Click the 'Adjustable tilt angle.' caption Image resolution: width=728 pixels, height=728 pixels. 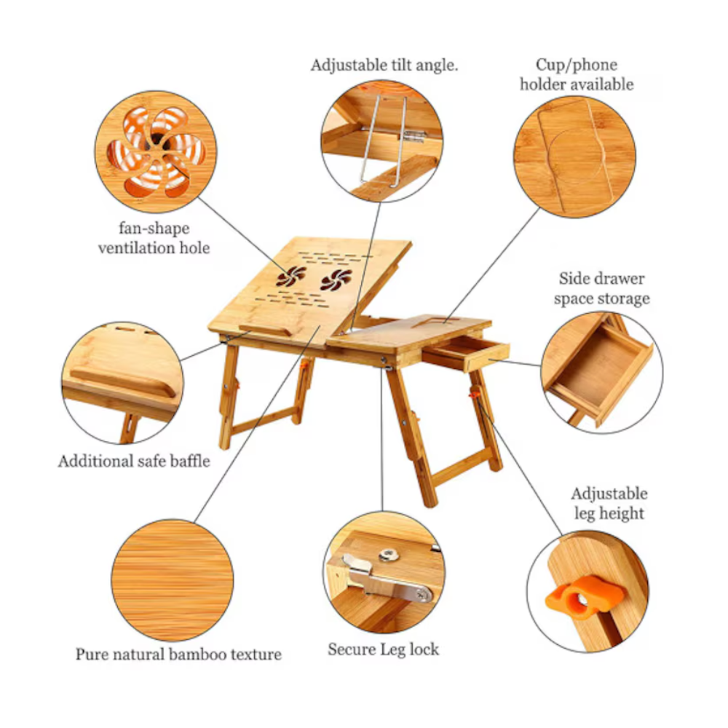tap(384, 66)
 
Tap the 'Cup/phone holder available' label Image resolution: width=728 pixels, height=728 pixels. tap(576, 74)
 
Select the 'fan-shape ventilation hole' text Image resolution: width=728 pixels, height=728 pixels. tap(154, 238)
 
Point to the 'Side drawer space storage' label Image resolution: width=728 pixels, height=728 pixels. tap(602, 288)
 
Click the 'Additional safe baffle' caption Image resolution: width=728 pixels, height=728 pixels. tap(134, 461)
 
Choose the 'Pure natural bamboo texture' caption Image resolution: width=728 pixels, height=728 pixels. tap(178, 654)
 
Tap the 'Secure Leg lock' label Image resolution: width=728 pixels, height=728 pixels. tap(383, 649)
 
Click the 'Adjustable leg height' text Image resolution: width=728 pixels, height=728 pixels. tap(609, 503)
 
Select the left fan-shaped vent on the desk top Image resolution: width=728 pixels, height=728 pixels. tap(291, 276)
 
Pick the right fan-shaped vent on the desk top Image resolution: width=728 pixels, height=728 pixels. tap(336, 280)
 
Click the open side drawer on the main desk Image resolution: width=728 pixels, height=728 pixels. tap(466, 352)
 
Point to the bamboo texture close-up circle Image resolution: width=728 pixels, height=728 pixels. tap(173, 580)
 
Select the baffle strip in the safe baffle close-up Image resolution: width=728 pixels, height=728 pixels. tap(122, 381)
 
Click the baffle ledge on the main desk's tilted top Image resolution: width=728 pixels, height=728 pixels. tap(265, 330)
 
